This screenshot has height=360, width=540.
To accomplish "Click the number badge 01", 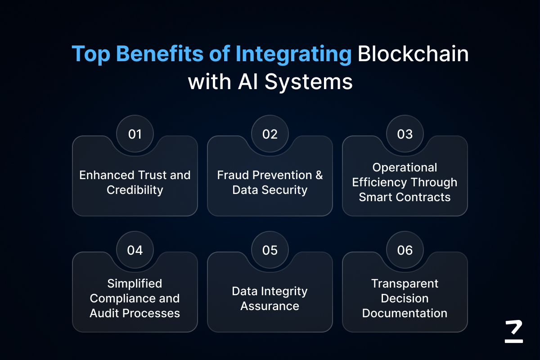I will (x=135, y=134).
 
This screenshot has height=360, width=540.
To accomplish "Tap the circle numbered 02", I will (x=270, y=134).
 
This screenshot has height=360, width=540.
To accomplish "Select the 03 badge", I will (x=405, y=134).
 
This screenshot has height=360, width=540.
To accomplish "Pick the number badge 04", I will (x=135, y=250).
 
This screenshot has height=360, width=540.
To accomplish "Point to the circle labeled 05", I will (x=270, y=250).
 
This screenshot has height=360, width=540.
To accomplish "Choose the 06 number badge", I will (x=405, y=250).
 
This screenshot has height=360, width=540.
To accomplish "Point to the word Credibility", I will (x=135, y=190).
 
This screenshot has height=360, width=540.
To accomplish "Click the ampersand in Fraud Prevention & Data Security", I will (x=319, y=175).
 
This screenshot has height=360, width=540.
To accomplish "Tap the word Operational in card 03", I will (x=405, y=167).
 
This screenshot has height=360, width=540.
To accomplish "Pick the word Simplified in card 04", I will (x=135, y=283).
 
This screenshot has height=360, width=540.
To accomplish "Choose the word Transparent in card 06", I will (x=405, y=283).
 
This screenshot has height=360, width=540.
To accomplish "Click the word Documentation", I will (x=405, y=313).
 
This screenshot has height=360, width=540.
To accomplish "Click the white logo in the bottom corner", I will (x=514, y=332).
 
